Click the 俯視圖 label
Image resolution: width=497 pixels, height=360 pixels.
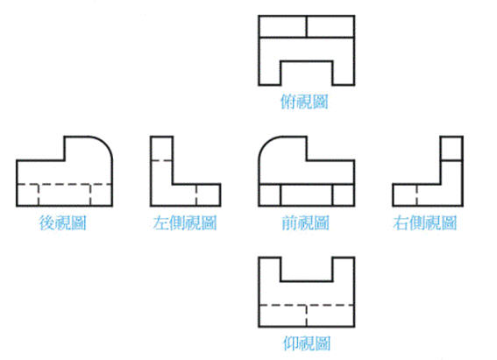304,102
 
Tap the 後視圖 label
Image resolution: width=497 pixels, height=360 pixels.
63,222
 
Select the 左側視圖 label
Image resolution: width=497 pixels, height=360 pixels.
185,222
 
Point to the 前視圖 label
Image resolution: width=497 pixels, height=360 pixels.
306,222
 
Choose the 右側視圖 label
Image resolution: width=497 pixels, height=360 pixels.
425,222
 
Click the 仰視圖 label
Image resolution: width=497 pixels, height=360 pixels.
307,343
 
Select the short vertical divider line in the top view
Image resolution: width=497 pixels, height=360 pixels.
307,26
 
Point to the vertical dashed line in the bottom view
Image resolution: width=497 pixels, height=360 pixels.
307,315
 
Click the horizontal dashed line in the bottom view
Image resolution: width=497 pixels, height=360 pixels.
307,305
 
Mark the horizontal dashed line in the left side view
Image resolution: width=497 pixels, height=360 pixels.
161,160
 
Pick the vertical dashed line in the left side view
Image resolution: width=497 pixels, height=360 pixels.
196,194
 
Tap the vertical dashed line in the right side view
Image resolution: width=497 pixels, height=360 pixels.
416,194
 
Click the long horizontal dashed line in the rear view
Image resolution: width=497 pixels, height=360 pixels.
65,184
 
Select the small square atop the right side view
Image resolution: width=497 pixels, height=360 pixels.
451,149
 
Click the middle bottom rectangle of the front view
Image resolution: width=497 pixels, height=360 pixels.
307,194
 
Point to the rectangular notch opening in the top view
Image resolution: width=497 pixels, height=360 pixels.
307,74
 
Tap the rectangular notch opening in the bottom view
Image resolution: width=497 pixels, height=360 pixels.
307,269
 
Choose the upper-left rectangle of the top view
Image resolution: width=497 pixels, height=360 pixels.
283,26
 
